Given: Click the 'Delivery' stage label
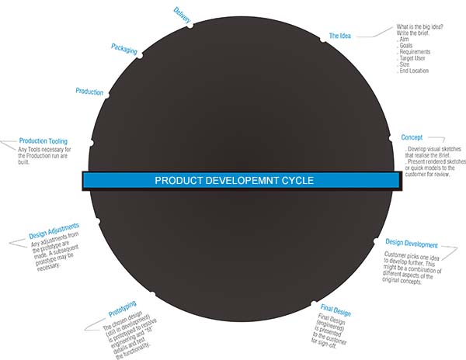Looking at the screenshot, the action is pos(182,16).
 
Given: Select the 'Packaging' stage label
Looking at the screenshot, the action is pos(124,49).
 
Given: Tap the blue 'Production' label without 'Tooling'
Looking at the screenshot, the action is pos(89,92).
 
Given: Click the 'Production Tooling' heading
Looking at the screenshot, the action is pos(43,141).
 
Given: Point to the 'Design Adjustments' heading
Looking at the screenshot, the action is pos(54,231).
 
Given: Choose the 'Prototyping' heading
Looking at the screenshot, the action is pos(122,309).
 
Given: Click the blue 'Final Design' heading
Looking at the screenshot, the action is pos(336,310).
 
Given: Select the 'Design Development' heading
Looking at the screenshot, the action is pos(412,244).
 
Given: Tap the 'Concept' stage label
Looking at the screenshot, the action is pos(412,137).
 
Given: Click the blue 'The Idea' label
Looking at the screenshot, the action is pos(339,36).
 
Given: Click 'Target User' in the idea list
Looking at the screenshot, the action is pos(412,58).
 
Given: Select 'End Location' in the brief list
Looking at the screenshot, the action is pos(414,71).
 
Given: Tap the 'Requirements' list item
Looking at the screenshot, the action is pos(415,52).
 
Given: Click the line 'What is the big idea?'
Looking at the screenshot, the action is pos(419,26).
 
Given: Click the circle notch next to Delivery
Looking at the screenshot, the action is pos(190,26).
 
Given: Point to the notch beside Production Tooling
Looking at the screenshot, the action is pos(91,143).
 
